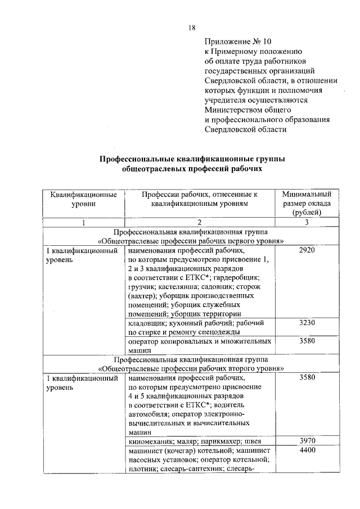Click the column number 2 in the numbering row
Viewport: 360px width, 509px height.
click(x=199, y=222)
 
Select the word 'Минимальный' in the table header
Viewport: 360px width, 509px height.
click(x=307, y=194)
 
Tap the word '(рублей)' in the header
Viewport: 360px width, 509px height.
click(x=307, y=213)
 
